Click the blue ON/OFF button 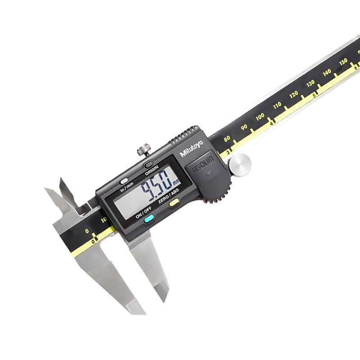point(149,219)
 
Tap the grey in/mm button point(124,181)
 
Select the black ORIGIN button point(149,164)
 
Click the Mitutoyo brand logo point(191,148)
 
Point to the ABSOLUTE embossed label point(203,164)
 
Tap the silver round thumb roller point(240,165)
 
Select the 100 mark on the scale point(260,117)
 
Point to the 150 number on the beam point(343,62)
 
